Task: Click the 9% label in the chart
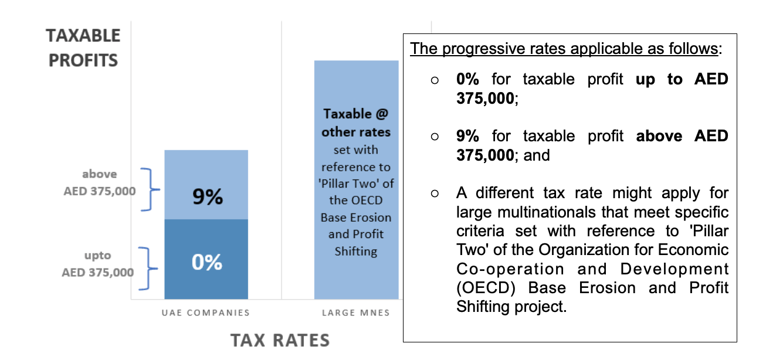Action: click(x=208, y=197)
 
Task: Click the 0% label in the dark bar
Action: click(x=208, y=262)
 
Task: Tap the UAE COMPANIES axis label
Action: click(x=206, y=313)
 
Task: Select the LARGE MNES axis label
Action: click(x=356, y=313)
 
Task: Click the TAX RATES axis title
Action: click(x=280, y=340)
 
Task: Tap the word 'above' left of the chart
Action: click(x=100, y=174)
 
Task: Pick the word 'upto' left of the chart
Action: click(x=97, y=256)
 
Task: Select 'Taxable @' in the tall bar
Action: click(x=356, y=114)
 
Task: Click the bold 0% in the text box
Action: click(x=467, y=79)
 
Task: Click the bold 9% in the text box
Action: click(x=467, y=136)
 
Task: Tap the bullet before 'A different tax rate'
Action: click(x=435, y=193)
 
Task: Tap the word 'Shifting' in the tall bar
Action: click(x=355, y=251)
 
